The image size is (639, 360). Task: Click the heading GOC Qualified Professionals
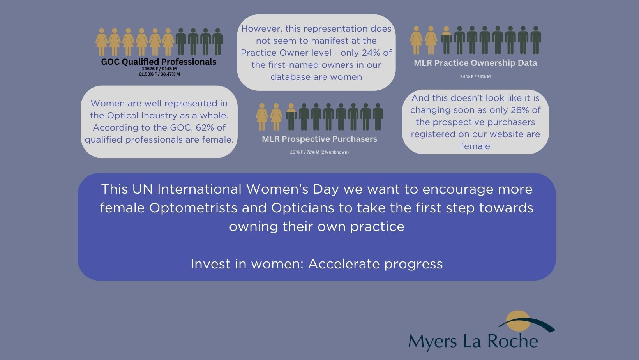[x=159, y=62]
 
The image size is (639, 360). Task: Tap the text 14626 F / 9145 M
[x=159, y=69]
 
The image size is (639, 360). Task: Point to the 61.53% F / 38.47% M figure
[x=159, y=74]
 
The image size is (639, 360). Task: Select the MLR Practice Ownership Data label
[x=475, y=63]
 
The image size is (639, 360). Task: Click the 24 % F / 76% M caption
[x=475, y=76]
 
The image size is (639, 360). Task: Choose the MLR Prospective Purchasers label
[x=319, y=139]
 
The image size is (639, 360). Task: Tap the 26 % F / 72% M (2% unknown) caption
[x=319, y=152]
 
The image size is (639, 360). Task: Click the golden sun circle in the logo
[x=518, y=321]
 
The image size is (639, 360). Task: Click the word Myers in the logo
[x=432, y=342]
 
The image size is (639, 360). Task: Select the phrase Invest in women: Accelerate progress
[x=317, y=264]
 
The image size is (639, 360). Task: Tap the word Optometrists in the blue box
[x=193, y=208]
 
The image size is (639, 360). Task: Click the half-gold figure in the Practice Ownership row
[x=446, y=40]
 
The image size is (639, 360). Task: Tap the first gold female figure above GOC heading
[x=101, y=42]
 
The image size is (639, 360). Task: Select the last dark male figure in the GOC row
[x=217, y=42]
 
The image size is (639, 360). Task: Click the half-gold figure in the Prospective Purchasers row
[x=291, y=117]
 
